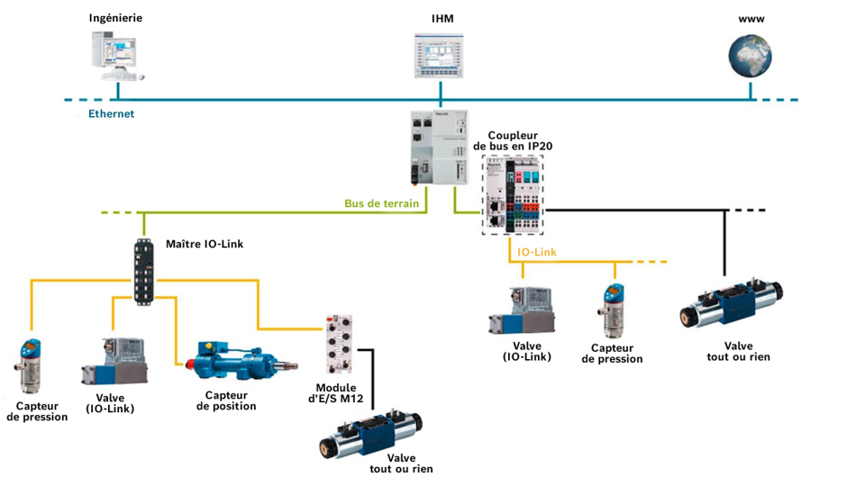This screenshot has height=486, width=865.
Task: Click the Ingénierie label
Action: click(116, 18)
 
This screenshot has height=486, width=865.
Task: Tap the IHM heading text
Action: click(441, 18)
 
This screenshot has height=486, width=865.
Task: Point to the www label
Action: click(750, 18)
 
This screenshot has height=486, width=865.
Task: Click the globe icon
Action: click(750, 53)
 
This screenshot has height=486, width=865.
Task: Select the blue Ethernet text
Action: click(111, 114)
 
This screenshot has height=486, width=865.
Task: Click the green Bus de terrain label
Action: click(381, 203)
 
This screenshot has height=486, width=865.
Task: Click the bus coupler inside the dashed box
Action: click(513, 194)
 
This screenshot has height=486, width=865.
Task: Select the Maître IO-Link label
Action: click(205, 244)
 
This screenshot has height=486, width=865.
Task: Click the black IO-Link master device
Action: click(143, 271)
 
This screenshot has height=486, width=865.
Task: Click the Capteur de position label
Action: click(231, 400)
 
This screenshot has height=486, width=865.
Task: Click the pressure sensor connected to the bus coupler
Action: click(614, 310)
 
